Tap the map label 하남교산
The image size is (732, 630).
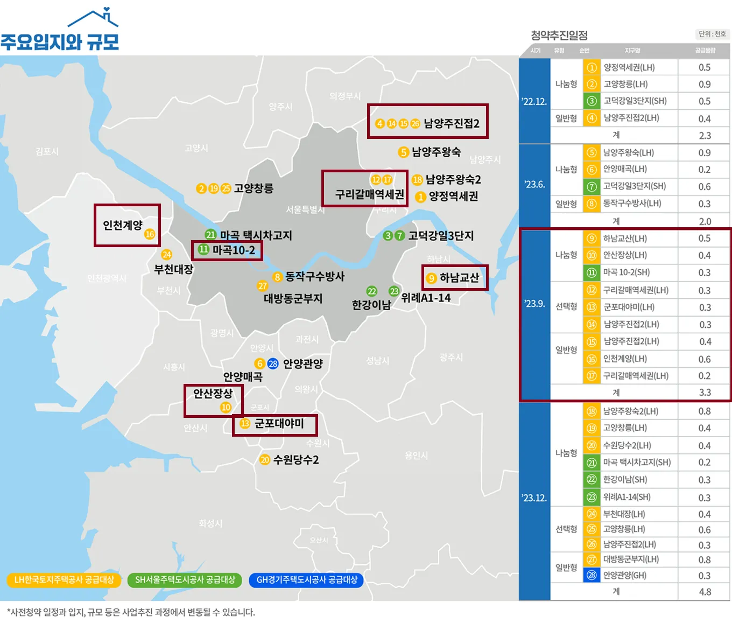pyautogui.click(x=459, y=278)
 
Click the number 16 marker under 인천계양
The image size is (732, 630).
pyautogui.click(x=150, y=234)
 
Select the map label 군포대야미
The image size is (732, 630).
pyautogui.click(x=279, y=424)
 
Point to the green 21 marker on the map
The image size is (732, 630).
pyautogui.click(x=210, y=235)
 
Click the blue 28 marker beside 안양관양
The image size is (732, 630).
pyautogui.click(x=273, y=363)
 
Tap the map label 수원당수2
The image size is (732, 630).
pyautogui.click(x=296, y=460)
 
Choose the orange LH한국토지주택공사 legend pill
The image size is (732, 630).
pyautogui.click(x=64, y=580)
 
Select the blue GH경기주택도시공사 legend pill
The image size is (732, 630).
pyautogui.click(x=307, y=580)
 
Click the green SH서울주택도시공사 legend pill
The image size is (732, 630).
pyautogui.click(x=185, y=580)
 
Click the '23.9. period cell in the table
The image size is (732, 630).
pyautogui.click(x=534, y=304)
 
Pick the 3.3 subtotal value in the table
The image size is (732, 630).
pyautogui.click(x=705, y=393)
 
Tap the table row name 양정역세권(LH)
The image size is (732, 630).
pyautogui.click(x=629, y=68)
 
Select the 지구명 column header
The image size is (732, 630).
pyautogui.click(x=632, y=51)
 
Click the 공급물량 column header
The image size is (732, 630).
pyautogui.click(x=705, y=51)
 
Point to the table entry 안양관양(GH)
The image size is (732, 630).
pyautogui.click(x=624, y=575)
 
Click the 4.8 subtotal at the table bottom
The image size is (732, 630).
pyautogui.click(x=705, y=592)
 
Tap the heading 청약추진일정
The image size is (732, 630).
pyautogui.click(x=559, y=36)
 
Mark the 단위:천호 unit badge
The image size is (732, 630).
pyautogui.click(x=712, y=34)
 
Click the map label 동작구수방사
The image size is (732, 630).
pyautogui.click(x=314, y=277)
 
